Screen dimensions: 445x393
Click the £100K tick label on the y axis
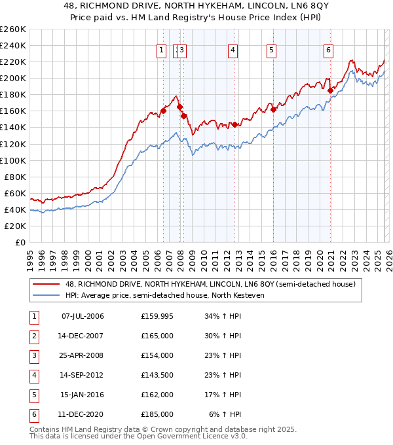click(12, 160)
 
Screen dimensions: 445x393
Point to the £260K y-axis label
click(12, 29)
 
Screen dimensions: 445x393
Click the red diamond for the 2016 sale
click(273, 109)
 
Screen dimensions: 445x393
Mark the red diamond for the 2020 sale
click(330, 90)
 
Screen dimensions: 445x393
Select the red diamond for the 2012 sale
click(234, 124)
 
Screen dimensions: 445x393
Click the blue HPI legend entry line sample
click(47, 295)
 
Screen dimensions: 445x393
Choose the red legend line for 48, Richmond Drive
click(47, 284)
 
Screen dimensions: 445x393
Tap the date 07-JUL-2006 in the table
click(82, 316)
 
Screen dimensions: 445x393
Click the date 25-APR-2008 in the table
click(82, 355)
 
